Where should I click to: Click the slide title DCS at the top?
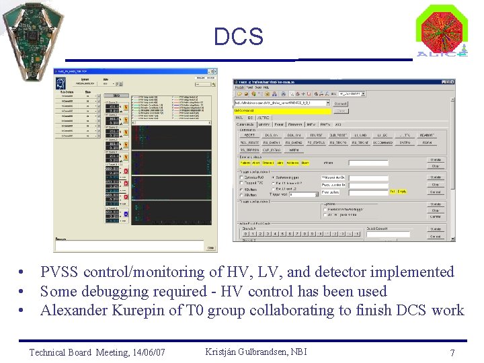239,36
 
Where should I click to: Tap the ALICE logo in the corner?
442,31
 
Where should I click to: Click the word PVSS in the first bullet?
60,272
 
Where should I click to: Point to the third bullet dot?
23,311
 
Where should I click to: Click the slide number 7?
452,353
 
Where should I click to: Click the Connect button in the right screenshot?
341,104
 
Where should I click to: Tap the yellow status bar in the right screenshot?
282,110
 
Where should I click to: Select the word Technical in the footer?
47,352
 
